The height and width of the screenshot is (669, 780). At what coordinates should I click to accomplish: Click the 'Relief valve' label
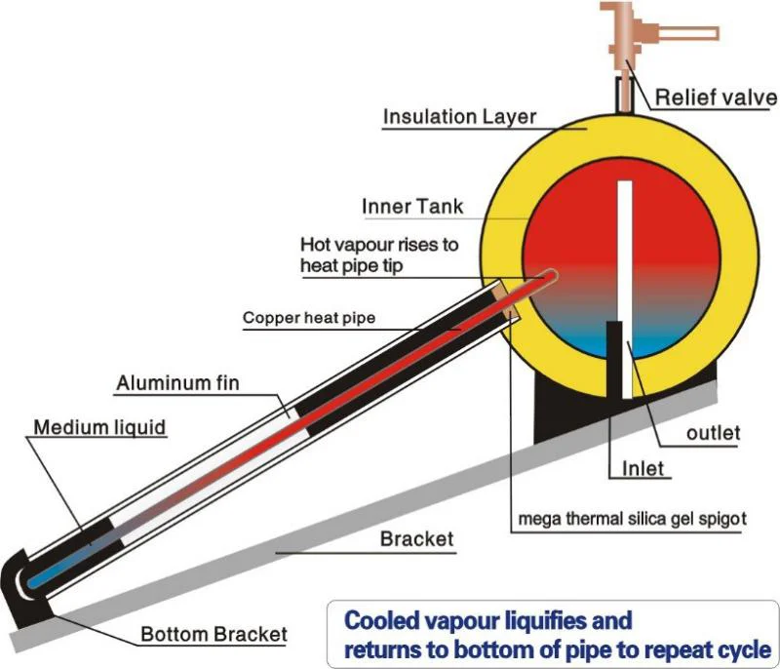pos(715,98)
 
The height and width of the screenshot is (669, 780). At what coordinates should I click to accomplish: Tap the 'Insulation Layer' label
pos(459,117)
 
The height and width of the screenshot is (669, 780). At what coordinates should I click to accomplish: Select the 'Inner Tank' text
pos(412,207)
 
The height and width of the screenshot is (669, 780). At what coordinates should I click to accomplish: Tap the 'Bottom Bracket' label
pos(214,635)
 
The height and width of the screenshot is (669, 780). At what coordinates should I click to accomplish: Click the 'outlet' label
pos(713,432)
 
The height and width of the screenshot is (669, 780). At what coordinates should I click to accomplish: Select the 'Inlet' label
pos(643,468)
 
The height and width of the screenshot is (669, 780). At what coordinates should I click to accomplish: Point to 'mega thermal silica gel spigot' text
pos(630,519)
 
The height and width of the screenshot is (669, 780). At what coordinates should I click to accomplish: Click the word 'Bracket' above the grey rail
pos(417,538)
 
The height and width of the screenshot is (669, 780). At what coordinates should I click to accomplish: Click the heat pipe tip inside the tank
pos(548,277)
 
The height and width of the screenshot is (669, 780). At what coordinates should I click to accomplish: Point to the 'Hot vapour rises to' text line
pos(379,244)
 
